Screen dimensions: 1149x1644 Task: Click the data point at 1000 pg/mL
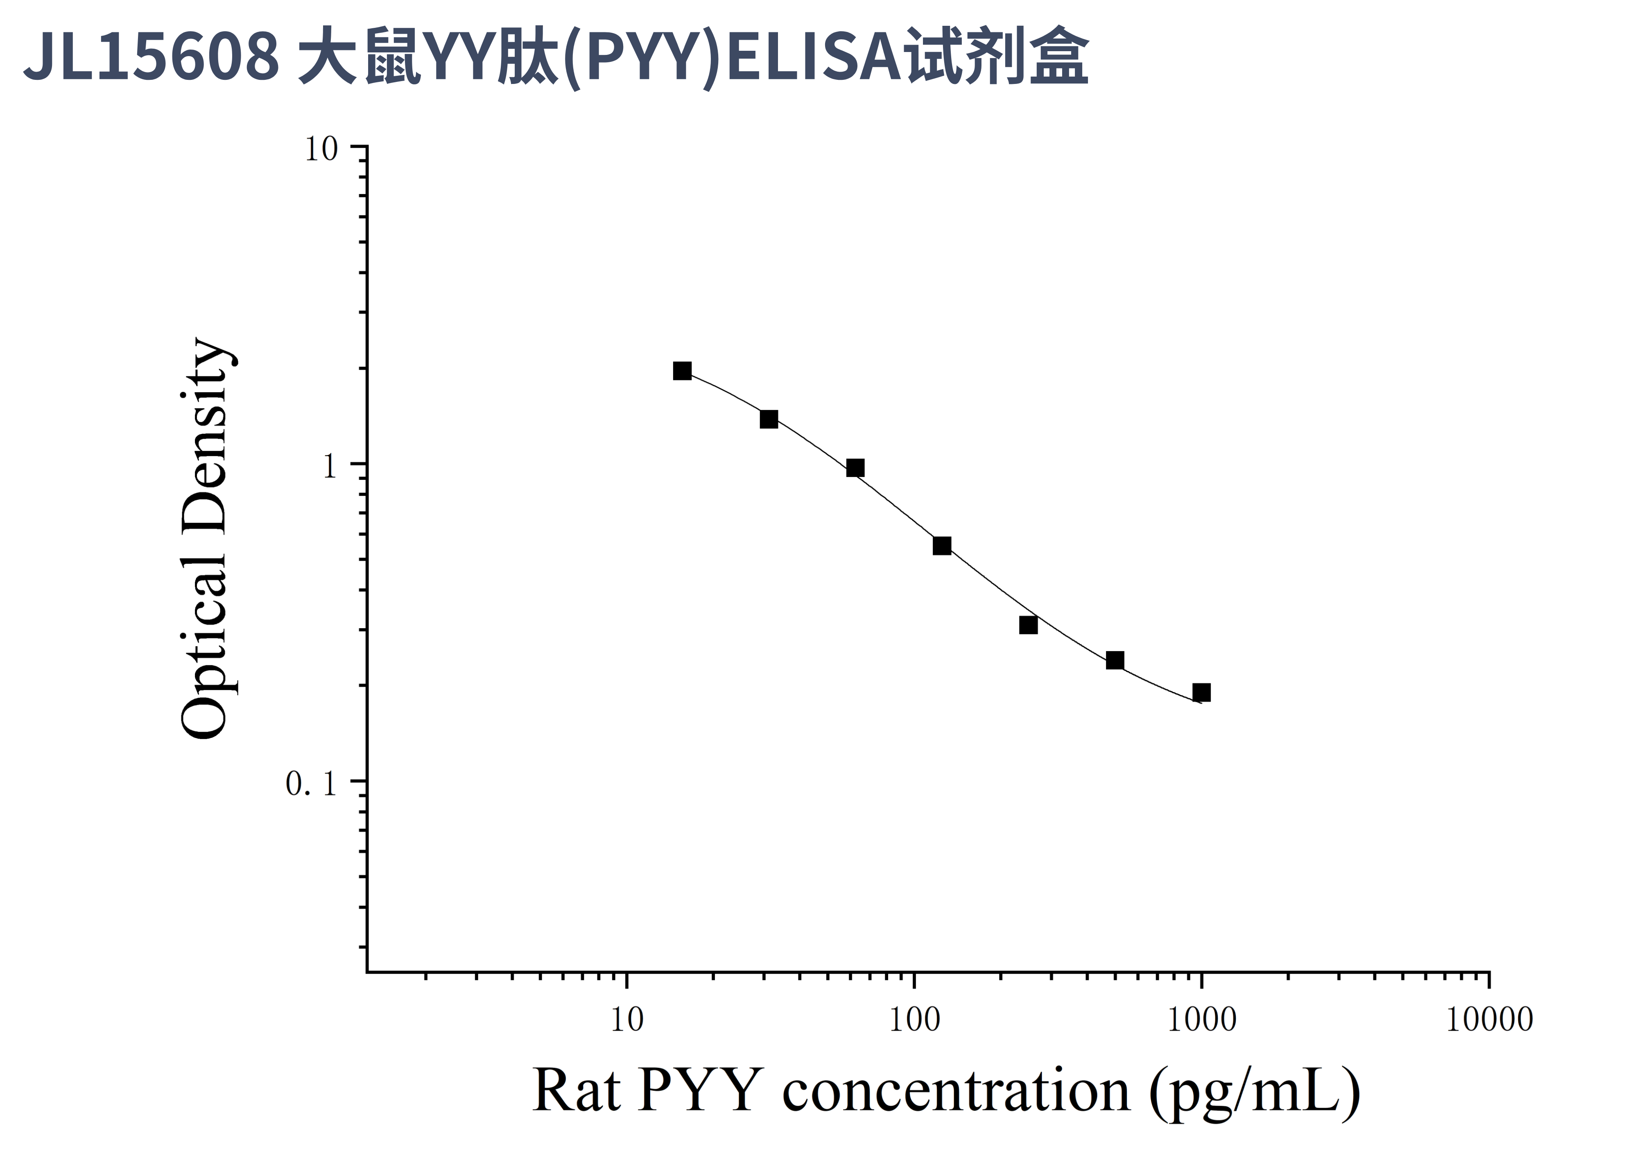point(1201,692)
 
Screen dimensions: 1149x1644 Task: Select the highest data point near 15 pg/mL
point(683,371)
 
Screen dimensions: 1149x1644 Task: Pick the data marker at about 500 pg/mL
point(1115,660)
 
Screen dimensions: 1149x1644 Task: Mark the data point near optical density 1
point(855,468)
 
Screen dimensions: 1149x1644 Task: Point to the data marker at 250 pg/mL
point(1028,625)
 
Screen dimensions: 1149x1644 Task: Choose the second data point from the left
point(769,419)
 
